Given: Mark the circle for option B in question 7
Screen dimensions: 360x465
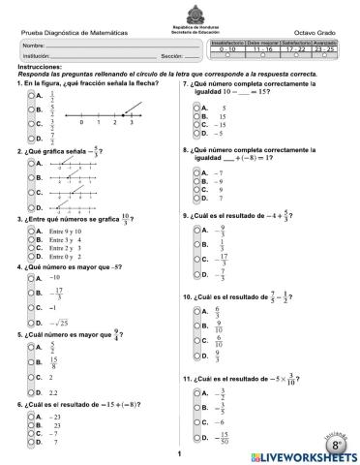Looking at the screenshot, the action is [x=197, y=115].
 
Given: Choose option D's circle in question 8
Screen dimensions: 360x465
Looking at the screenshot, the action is [x=197, y=198].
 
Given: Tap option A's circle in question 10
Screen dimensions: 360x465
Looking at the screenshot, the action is [x=197, y=311].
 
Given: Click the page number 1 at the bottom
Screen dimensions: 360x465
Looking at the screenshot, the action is [x=180, y=452].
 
